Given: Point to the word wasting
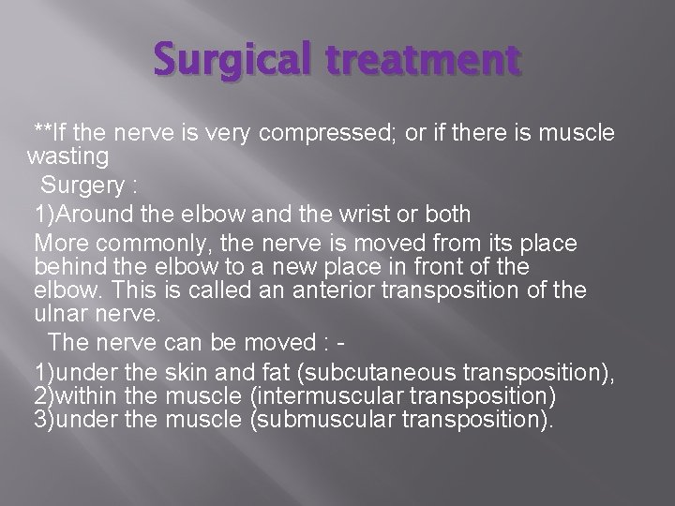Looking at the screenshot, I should click(68, 155).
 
